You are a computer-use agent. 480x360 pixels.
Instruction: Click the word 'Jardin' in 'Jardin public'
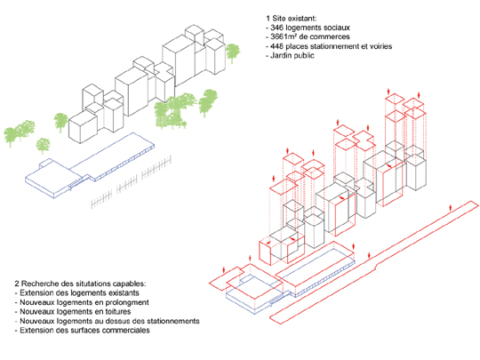tap(281, 56)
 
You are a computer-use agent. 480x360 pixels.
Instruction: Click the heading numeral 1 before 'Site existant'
tap(268, 18)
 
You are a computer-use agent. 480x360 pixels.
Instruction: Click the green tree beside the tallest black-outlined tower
tap(233, 53)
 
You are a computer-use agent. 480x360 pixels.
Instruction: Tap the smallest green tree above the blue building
tap(43, 146)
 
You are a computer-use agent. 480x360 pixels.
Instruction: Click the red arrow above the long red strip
tap(451, 207)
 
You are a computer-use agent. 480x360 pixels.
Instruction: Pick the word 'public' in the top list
tap(304, 56)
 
